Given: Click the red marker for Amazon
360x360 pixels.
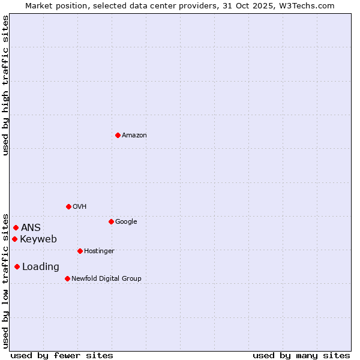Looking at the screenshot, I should [x=118, y=135].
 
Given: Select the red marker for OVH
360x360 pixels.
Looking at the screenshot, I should [x=68, y=206].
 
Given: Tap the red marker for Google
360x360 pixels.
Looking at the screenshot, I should [x=111, y=221].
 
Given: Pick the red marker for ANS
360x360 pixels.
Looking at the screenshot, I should [x=16, y=227].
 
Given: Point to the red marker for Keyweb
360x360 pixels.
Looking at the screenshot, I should [x=14, y=239].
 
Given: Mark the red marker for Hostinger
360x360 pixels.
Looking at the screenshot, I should [x=80, y=251].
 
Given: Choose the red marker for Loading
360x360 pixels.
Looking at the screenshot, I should [x=17, y=266].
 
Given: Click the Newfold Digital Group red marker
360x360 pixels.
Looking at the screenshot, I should [x=67, y=278].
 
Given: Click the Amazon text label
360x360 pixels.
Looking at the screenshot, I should [x=134, y=136].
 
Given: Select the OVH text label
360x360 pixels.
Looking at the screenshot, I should [x=80, y=207].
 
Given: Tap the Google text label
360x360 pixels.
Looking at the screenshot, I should [x=126, y=222].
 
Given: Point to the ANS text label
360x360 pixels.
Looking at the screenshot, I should [x=31, y=228].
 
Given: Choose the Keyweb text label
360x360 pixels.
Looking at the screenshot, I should [x=38, y=239].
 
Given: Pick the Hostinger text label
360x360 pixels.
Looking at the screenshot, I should [x=99, y=251].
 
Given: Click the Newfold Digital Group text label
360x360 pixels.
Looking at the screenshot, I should [x=106, y=279].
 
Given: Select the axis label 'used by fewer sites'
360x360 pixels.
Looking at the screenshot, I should [x=62, y=355].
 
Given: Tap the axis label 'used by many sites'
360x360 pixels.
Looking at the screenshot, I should [x=301, y=355].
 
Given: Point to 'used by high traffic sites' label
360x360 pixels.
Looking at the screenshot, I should [x=5, y=85].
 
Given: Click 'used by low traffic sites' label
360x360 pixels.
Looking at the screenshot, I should [x=5, y=280].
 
